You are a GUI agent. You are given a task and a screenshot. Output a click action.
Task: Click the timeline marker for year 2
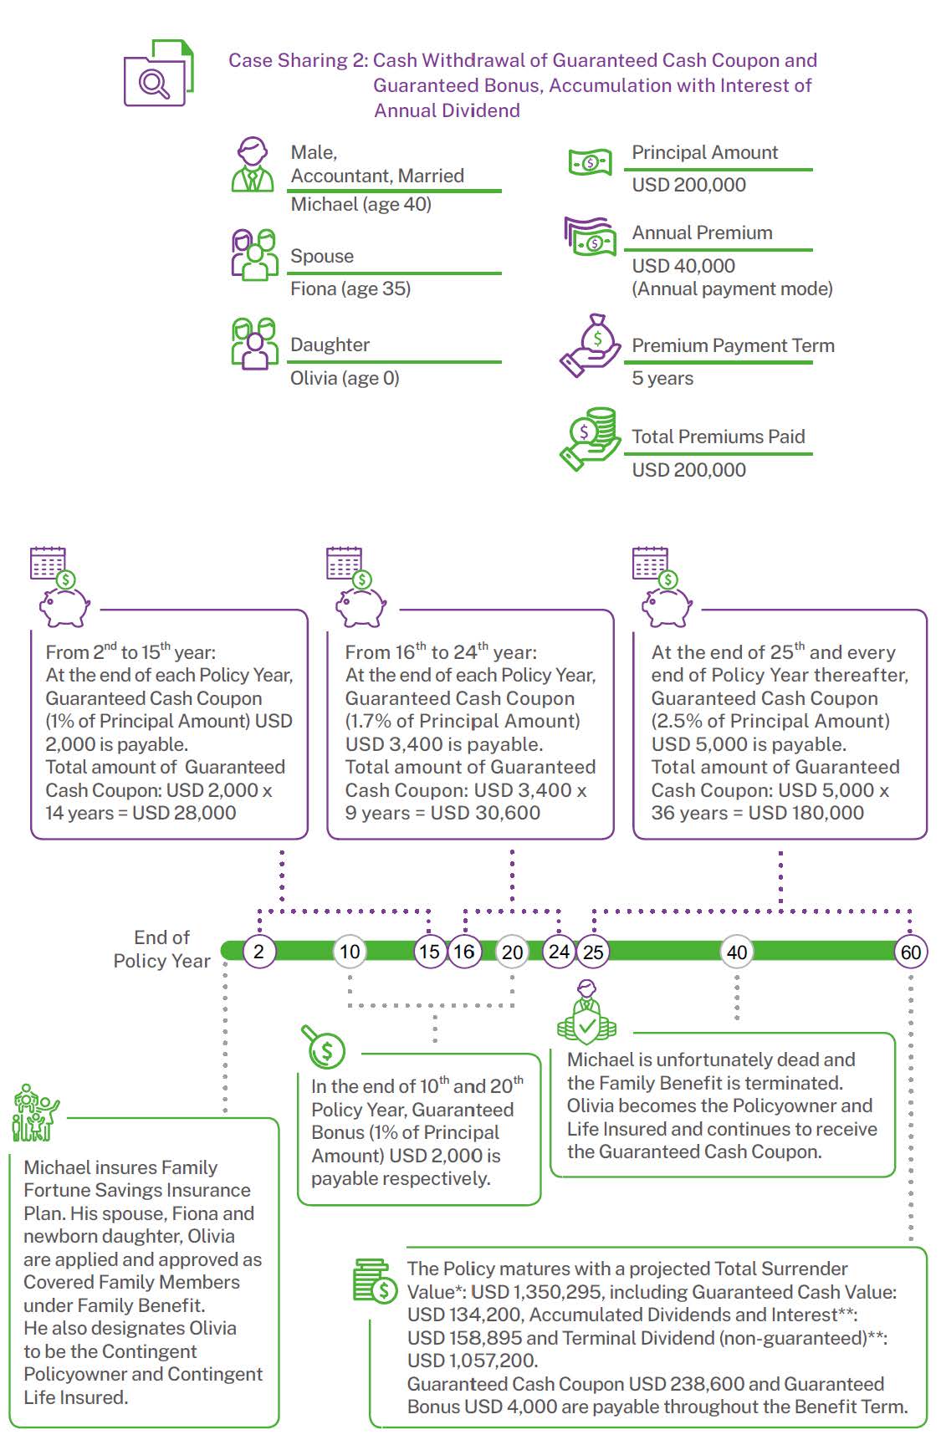259,952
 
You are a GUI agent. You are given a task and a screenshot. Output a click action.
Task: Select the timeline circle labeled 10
350,952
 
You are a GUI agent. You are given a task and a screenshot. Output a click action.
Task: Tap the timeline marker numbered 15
430,952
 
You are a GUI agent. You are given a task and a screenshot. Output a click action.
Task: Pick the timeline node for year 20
512,952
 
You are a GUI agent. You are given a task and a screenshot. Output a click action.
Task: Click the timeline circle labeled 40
737,952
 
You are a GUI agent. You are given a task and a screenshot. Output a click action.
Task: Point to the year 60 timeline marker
910,952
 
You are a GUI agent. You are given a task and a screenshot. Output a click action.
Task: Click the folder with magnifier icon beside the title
159,73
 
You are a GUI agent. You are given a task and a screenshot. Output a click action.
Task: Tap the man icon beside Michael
253,165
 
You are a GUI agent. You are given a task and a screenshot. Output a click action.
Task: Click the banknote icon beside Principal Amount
591,162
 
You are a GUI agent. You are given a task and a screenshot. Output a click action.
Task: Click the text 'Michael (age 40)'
361,204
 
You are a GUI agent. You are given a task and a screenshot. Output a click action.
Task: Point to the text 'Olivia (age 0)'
345,378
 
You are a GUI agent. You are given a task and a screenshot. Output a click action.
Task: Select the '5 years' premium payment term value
662,378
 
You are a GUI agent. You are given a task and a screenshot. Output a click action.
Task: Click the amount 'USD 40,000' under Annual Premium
683,266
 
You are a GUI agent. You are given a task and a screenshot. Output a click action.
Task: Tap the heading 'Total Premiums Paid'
719,437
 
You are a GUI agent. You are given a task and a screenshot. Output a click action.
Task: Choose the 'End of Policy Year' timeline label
161,949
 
